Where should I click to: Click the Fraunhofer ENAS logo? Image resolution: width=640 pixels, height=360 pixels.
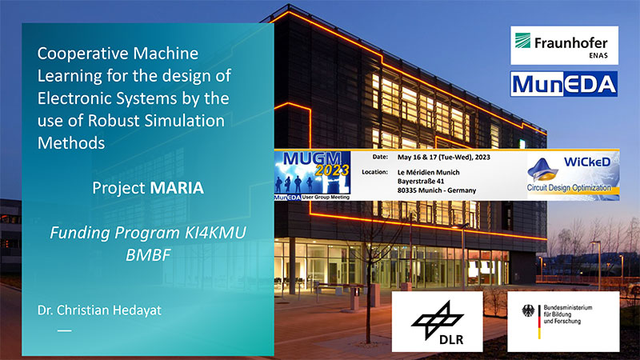click(564, 46)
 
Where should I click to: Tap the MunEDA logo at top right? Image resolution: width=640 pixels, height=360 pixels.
click(564, 84)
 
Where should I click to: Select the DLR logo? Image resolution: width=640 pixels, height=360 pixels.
click(437, 322)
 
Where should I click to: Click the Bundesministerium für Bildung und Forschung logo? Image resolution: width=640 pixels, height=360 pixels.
click(563, 322)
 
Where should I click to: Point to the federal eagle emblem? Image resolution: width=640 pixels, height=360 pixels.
click(528, 311)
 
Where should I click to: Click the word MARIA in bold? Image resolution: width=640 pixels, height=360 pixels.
click(177, 188)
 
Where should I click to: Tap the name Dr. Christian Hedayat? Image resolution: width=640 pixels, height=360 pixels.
click(99, 310)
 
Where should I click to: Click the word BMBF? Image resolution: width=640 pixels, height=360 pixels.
click(148, 255)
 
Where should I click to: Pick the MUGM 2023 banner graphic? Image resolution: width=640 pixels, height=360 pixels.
click(312, 175)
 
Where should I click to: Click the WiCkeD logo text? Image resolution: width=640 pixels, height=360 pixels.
click(587, 162)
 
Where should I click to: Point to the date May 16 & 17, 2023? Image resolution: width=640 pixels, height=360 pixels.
click(444, 157)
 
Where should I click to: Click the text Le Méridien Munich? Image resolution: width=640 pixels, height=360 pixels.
click(429, 172)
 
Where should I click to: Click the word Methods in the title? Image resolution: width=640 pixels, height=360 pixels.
click(71, 143)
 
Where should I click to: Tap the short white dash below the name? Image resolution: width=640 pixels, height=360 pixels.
click(65, 330)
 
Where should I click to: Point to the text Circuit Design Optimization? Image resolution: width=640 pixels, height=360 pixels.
click(569, 188)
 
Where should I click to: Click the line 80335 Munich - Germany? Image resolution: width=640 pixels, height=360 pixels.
click(437, 190)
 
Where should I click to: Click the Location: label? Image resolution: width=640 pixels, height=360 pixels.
click(374, 172)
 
